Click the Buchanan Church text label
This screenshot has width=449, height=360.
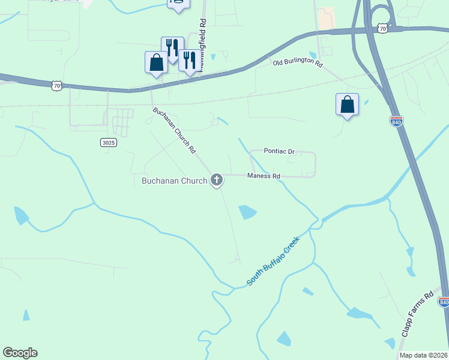[174, 180]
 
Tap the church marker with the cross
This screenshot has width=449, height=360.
[217, 179]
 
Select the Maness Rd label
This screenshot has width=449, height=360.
[264, 176]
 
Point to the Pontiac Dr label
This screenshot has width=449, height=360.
[280, 151]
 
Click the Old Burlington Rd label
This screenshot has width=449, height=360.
[298, 63]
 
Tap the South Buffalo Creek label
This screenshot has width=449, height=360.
[273, 262]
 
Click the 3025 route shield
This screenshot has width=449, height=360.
[108, 142]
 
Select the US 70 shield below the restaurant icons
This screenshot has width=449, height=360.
[56, 86]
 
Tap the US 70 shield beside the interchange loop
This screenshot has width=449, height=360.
[382, 28]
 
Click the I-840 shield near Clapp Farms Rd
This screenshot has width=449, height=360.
[444, 302]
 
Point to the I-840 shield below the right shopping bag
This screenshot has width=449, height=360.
[396, 120]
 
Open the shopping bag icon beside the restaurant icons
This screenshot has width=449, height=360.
[156, 62]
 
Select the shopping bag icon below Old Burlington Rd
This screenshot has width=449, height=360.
[347, 104]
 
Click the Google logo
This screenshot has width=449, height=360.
[20, 353]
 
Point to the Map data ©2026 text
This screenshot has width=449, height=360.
[423, 355]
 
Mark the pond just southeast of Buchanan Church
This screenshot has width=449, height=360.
[247, 212]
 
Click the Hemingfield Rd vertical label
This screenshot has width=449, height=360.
[203, 45]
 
